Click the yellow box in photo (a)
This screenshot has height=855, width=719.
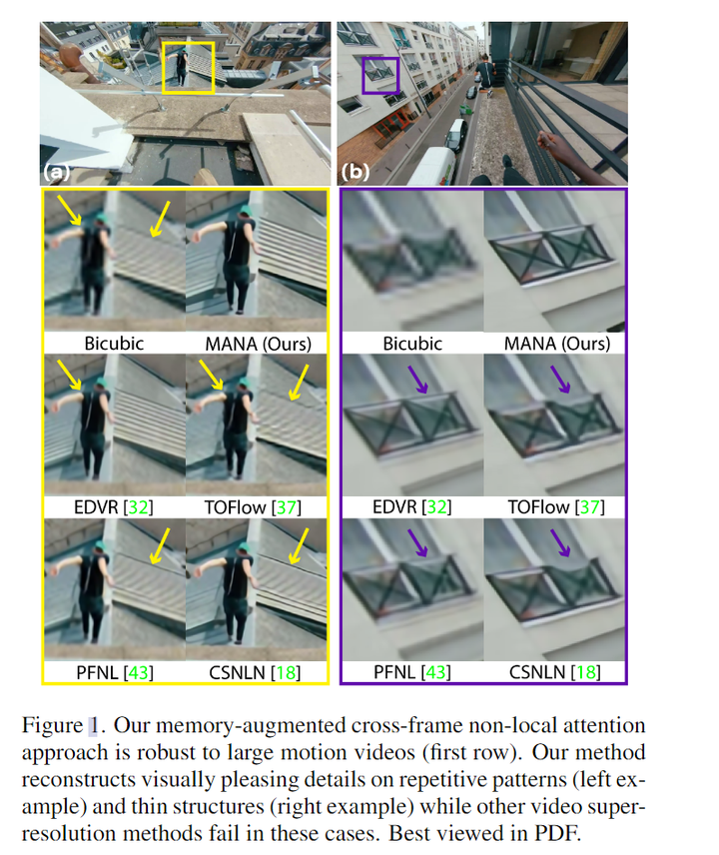coord(188,67)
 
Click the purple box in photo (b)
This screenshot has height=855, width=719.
coord(379,75)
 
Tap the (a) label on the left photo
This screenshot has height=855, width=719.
coord(56,172)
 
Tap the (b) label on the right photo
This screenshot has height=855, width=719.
coord(354,172)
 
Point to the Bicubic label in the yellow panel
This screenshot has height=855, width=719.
coord(113,343)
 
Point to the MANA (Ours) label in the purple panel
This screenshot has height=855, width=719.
coord(555,343)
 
